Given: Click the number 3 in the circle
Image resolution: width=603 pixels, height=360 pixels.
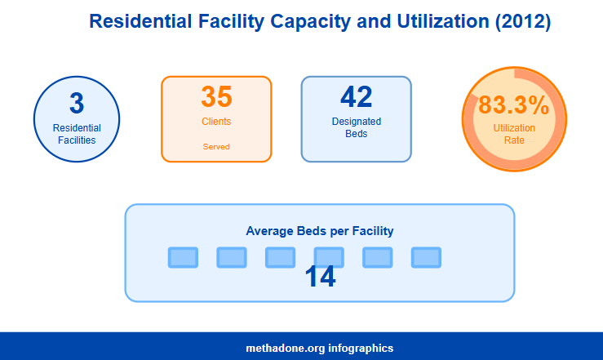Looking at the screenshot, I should [x=77, y=104].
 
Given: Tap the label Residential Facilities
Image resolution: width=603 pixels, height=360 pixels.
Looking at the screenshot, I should [x=77, y=134].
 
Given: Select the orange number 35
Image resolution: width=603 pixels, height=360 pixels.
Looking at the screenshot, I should [x=216, y=96].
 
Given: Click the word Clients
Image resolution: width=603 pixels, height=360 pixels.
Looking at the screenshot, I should [x=216, y=122].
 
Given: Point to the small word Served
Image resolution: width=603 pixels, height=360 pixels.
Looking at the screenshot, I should [x=216, y=147].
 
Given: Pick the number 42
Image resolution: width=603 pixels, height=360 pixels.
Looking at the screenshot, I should [x=357, y=97].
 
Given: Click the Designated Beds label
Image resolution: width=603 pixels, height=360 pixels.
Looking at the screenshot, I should [x=357, y=127].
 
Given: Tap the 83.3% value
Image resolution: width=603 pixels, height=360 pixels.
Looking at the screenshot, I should [x=514, y=105].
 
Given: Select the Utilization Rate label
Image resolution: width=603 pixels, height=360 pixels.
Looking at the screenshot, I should [x=514, y=134].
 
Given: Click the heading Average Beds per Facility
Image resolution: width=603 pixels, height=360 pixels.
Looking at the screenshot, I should [x=320, y=231].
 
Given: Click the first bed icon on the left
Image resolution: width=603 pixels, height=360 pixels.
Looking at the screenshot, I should [x=183, y=258].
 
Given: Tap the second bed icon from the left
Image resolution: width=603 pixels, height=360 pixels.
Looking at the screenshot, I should [x=232, y=258].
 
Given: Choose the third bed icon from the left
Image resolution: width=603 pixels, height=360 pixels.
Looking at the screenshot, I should [x=280, y=258].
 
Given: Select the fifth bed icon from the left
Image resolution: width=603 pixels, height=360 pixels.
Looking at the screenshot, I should [x=377, y=258].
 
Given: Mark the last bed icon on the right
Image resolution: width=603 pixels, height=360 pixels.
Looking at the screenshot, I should [x=426, y=258].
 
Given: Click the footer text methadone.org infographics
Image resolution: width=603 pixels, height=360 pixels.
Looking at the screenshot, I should [x=320, y=348].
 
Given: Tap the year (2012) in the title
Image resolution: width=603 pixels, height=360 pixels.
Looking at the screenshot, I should [x=523, y=21].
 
